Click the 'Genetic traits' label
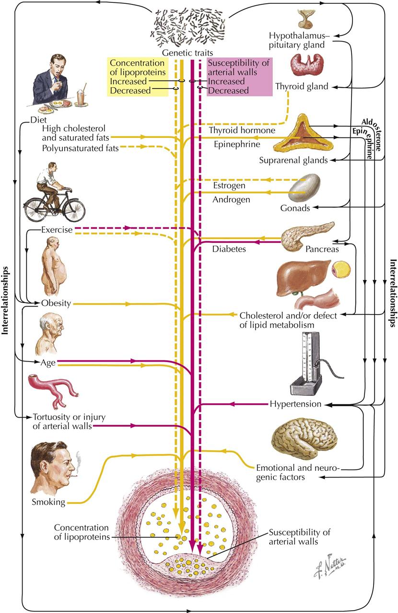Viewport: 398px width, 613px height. [187, 53]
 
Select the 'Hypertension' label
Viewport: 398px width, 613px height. [295, 404]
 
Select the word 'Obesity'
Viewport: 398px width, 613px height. [56, 303]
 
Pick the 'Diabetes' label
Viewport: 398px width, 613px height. [229, 249]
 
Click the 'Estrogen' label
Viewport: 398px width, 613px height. [229, 185]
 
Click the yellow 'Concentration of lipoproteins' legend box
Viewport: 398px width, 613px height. [138, 77]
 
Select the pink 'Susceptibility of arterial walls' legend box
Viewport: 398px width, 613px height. [239, 77]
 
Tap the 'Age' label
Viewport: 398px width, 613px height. [48, 363]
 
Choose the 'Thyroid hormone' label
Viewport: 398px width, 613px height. [242, 130]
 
